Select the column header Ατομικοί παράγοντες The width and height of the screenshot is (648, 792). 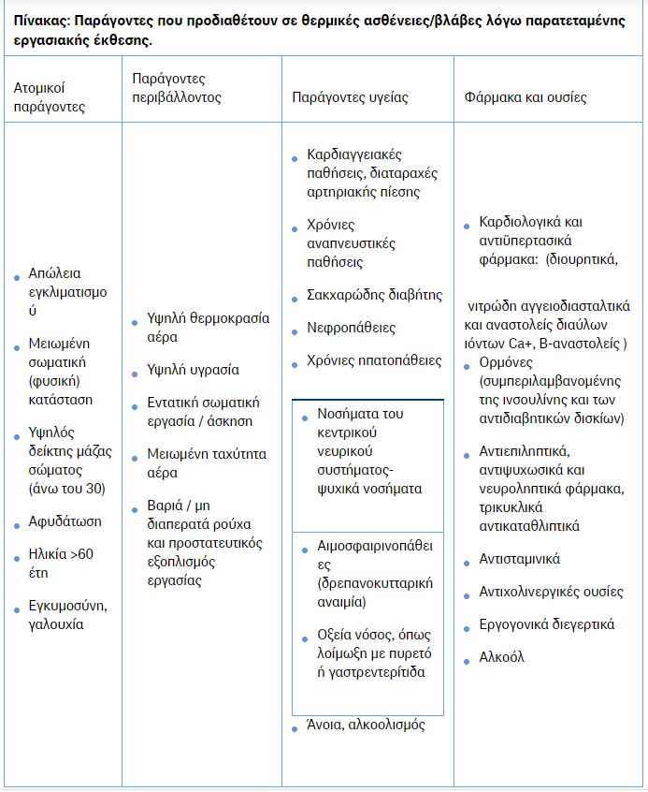click(x=49, y=97)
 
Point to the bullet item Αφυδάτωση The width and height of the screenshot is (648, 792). click(x=65, y=521)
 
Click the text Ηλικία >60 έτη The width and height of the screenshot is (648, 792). click(x=61, y=564)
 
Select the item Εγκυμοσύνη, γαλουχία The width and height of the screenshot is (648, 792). click(x=69, y=615)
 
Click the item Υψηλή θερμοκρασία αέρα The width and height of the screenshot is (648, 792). click(x=208, y=328)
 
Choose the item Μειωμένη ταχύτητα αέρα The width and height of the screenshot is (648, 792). click(x=206, y=463)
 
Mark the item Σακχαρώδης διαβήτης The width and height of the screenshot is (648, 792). click(x=374, y=295)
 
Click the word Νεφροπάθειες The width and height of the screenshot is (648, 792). click(x=351, y=328)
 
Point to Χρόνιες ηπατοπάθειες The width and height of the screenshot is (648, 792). click(x=374, y=360)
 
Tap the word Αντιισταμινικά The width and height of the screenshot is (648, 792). click(x=519, y=559)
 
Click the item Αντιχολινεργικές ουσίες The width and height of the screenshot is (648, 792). click(x=551, y=592)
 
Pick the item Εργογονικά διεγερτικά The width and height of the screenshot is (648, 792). click(x=546, y=624)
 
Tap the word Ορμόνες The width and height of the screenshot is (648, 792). click(x=506, y=363)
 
